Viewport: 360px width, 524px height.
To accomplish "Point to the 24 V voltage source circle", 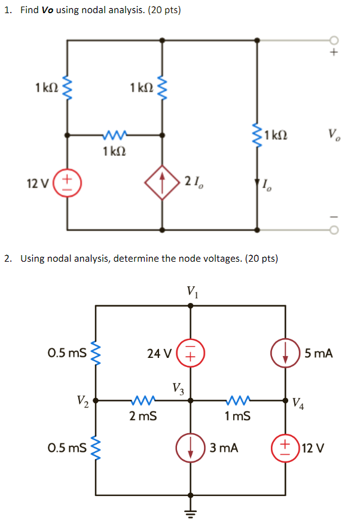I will pos(191,353).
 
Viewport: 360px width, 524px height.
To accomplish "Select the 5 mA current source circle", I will pos(286,353).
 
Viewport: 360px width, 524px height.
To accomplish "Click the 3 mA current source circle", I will pos(191,448).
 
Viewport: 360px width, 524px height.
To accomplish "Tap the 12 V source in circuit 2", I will pos(286,448).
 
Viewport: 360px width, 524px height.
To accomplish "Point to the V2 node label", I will pos(83,400).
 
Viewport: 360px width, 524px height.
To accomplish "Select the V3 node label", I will pos(178,388).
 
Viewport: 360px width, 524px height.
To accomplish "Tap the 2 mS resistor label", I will pos(144,416).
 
